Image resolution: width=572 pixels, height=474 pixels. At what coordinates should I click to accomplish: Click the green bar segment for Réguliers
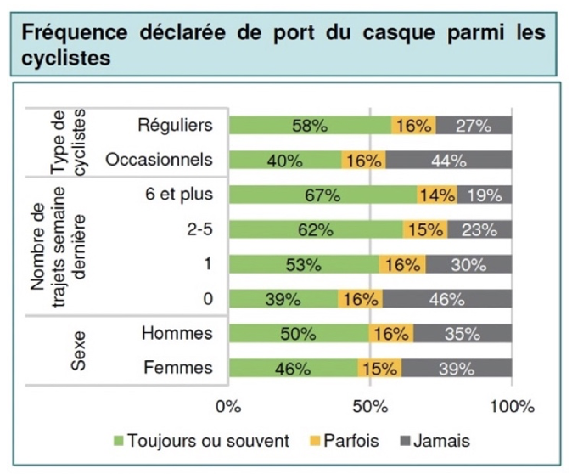[310, 125]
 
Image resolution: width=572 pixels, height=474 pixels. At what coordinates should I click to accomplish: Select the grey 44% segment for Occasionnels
[448, 160]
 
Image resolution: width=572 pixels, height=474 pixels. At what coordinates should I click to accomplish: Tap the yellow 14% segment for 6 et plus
[436, 195]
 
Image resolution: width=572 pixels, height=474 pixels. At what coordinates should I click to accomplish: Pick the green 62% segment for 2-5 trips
[316, 229]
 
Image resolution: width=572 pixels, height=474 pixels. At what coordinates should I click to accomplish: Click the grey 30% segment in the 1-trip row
[468, 264]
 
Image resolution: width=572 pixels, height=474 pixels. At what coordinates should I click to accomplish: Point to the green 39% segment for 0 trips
[283, 299]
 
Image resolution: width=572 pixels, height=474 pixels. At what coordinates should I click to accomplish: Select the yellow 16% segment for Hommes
[390, 334]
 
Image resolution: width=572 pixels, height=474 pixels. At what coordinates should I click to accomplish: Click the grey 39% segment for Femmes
[457, 368]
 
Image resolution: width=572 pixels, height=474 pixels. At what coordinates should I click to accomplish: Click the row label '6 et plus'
[177, 195]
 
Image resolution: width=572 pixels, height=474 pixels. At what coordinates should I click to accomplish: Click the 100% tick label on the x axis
[512, 406]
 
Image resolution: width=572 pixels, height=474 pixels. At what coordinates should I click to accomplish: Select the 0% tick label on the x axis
[229, 406]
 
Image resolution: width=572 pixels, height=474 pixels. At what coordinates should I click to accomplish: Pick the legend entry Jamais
[440, 441]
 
